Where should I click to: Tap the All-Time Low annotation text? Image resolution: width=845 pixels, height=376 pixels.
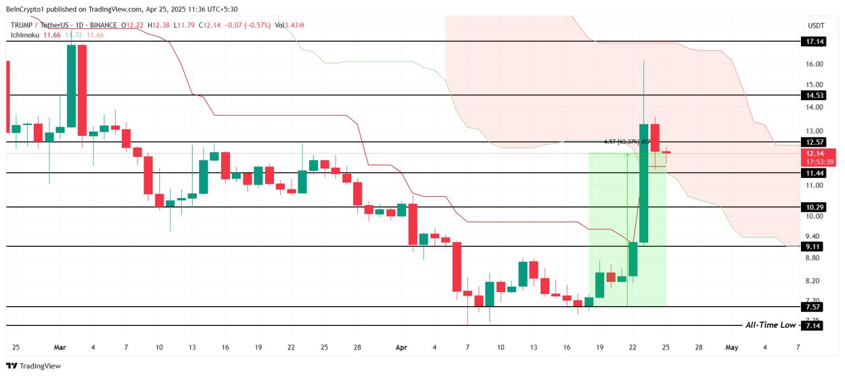(770, 325)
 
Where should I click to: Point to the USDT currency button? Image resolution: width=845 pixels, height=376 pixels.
(815, 25)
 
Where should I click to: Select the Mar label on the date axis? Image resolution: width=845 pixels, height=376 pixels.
(59, 348)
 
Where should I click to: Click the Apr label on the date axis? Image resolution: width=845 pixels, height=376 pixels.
(401, 348)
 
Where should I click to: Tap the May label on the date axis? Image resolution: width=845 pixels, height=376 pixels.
(732, 348)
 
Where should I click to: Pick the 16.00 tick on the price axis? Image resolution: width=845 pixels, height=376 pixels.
(815, 64)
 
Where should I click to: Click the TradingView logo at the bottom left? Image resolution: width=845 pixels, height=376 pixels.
(34, 366)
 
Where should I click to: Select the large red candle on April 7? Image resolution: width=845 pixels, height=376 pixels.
(457, 267)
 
